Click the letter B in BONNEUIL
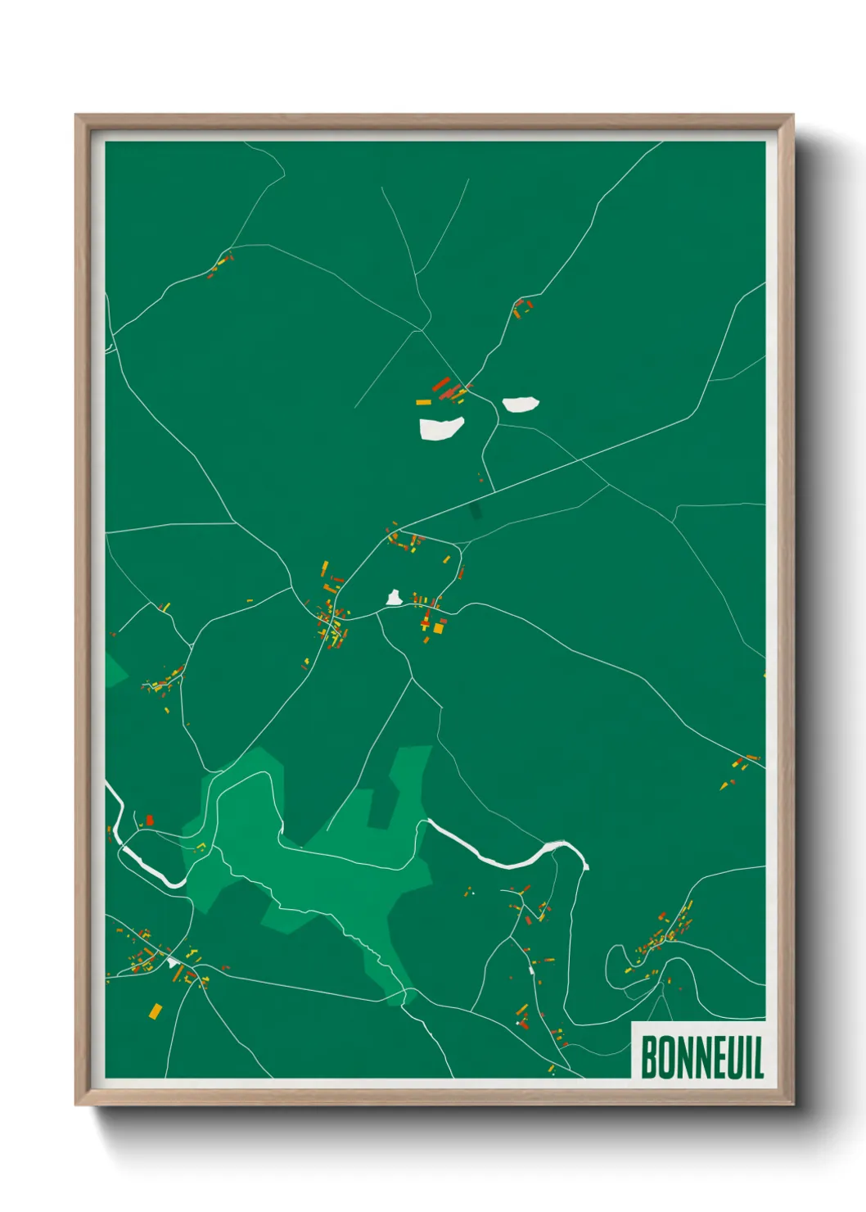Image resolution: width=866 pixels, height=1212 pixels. click(x=650, y=1057)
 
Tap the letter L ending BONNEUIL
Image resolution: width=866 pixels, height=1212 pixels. click(x=757, y=1057)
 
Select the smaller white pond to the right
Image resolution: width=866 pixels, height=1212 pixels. click(x=521, y=404)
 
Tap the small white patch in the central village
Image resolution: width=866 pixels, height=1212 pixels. click(x=394, y=599)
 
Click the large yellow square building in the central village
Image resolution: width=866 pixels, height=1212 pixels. click(x=439, y=628)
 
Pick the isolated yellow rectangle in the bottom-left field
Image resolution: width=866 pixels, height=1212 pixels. click(x=155, y=1011)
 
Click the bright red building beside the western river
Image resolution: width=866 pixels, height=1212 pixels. click(x=150, y=820)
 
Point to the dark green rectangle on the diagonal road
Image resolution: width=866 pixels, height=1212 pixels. click(x=476, y=512)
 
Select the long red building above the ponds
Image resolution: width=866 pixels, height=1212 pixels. click(x=440, y=383)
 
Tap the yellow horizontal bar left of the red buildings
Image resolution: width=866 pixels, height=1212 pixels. click(x=423, y=402)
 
